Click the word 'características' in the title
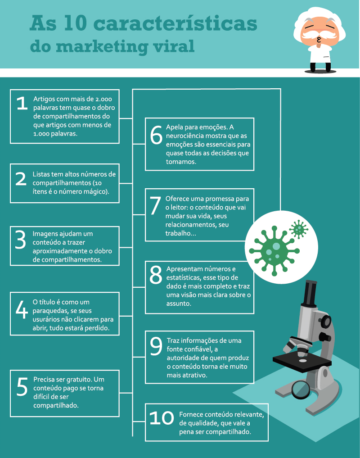tap(176, 23)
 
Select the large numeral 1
tap(22, 103)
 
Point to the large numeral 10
tap(162, 418)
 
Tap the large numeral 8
tap(156, 275)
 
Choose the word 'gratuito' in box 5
tap(79, 380)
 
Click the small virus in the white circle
tap(299, 229)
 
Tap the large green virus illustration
tap(274, 250)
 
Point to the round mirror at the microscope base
tap(301, 390)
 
